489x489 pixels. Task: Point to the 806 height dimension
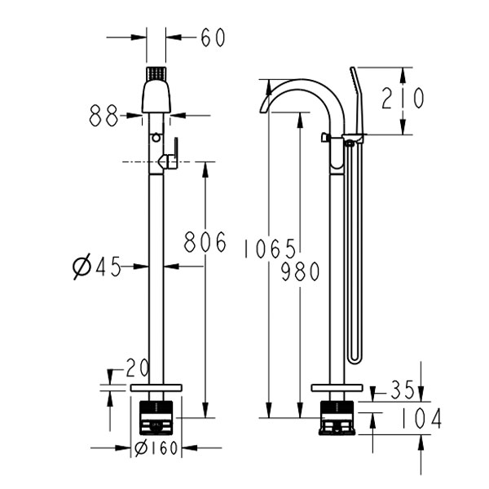(204, 242)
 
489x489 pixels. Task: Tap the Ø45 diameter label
(97, 267)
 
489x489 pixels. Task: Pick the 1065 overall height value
(269, 249)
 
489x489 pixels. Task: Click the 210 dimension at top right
(403, 99)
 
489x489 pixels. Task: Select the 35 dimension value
(402, 390)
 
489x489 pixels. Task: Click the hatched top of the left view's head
(156, 73)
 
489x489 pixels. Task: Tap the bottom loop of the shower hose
(352, 358)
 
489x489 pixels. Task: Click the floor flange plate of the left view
(156, 387)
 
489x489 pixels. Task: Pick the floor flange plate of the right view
(337, 387)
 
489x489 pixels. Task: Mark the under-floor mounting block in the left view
(156, 414)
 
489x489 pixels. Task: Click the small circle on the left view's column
(156, 137)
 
